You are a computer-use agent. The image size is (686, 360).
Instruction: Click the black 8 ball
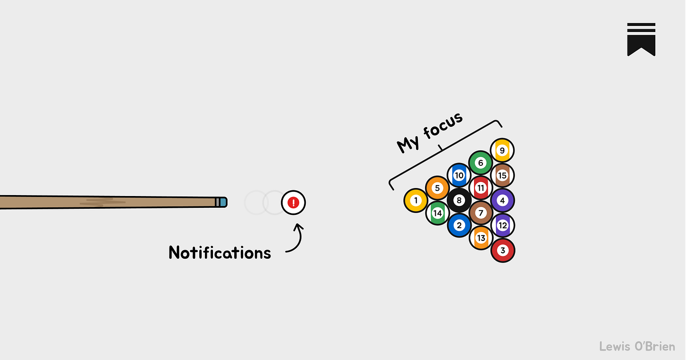coord(459,200)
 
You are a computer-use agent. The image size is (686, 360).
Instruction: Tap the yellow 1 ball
coord(416,200)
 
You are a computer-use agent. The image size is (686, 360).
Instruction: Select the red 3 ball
coord(503,250)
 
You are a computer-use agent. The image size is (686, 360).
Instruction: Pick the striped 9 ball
coord(502,151)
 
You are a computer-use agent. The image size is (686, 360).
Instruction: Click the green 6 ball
coord(481,163)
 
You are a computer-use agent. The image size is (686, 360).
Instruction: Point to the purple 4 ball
coord(503,200)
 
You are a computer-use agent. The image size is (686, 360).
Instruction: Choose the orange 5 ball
coord(437,188)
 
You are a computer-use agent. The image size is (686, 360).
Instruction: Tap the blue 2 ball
coord(459,225)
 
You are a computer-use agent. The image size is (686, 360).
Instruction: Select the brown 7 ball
coord(481,213)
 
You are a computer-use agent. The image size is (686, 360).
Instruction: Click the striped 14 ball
coord(437,213)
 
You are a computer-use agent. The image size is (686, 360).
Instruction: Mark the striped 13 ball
coord(481,238)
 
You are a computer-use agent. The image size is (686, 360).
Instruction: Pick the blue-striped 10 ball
coord(459,176)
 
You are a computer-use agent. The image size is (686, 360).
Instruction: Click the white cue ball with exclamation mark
coord(294,203)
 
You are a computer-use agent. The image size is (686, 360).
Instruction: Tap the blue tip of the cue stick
coord(223,202)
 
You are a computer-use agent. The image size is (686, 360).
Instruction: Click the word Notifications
coord(220,253)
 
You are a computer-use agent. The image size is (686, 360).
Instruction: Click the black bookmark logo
coord(641,40)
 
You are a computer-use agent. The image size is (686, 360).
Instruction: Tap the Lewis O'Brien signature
coord(637,346)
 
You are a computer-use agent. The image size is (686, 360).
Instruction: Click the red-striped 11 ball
coord(481,188)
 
